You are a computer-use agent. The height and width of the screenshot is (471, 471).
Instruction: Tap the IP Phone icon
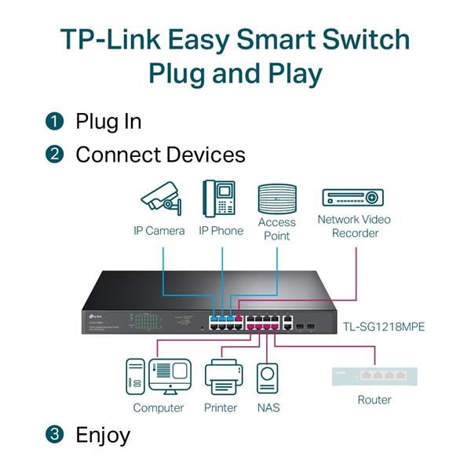pyautogui.click(x=220, y=199)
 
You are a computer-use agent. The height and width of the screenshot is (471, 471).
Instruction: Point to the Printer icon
pyautogui.click(x=222, y=376)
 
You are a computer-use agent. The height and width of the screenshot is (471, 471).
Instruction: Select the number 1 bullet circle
pyautogui.click(x=53, y=122)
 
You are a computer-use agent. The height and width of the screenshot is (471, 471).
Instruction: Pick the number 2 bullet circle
pyautogui.click(x=53, y=155)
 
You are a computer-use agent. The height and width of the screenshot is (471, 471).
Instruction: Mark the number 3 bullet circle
pyautogui.click(x=53, y=434)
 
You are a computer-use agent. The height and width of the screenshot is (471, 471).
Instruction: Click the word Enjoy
pyautogui.click(x=103, y=434)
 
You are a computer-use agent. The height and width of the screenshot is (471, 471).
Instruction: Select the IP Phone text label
pyautogui.click(x=221, y=231)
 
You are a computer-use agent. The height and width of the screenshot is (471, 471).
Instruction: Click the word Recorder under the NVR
pyautogui.click(x=354, y=233)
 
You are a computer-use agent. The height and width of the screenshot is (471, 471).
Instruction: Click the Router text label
pyautogui.click(x=374, y=400)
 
